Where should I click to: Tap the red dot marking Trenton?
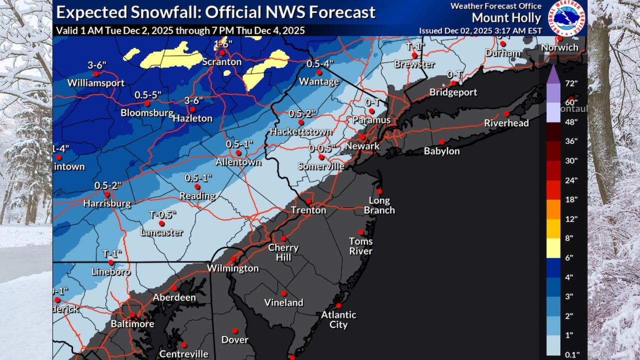308,201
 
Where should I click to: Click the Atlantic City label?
338,319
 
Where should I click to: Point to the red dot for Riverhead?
506,113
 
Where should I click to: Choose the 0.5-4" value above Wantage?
319,64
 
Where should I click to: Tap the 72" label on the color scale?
571,83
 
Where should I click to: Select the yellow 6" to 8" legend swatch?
553,248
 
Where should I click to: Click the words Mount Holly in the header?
506,18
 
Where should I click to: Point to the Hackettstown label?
300,131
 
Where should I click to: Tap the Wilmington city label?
233,268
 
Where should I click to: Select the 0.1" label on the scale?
571,354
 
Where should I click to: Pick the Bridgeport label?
453,92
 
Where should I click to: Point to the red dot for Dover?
234,330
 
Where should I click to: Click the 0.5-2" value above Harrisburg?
108,185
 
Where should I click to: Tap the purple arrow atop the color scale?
553,75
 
